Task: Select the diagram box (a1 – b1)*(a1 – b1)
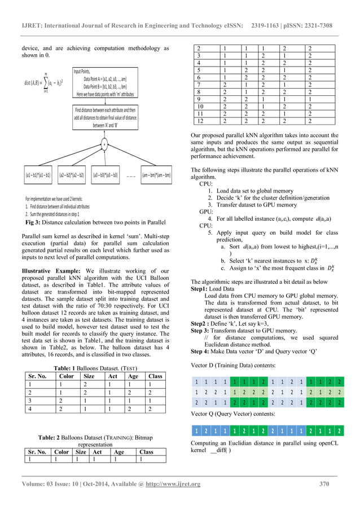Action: click(38, 175)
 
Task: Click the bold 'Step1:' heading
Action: click(201, 288)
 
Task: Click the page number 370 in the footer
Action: click(324, 483)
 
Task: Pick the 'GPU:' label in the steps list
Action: click(207, 212)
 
